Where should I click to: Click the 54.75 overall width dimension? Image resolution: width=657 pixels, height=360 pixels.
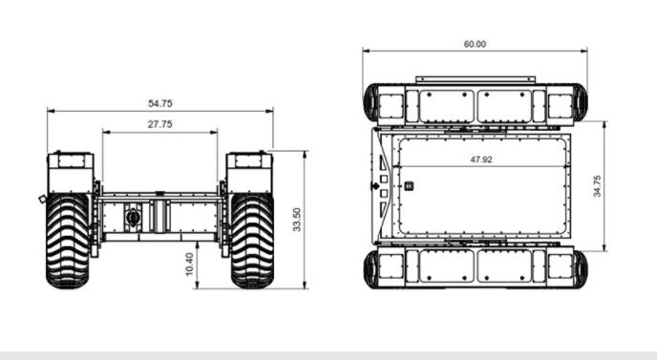(159, 102)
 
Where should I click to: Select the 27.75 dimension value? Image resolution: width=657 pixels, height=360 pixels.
(159, 124)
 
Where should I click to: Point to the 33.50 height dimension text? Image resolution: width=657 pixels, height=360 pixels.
(297, 220)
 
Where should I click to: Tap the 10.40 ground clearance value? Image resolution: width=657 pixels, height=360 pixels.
(188, 265)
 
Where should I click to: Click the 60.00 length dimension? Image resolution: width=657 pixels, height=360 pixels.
(475, 44)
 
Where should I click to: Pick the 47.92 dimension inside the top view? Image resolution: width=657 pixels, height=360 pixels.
(480, 160)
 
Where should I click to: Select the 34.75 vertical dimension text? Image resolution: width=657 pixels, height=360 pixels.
(598, 185)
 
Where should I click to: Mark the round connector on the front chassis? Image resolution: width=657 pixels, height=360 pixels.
(133, 218)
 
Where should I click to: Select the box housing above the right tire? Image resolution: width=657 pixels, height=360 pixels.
(249, 171)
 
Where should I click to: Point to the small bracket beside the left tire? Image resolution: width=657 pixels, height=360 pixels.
(43, 199)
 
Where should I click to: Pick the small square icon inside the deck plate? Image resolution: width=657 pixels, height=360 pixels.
(409, 186)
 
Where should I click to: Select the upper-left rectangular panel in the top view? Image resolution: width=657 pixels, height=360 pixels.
(445, 107)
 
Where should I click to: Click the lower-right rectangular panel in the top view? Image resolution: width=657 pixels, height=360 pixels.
(505, 266)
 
